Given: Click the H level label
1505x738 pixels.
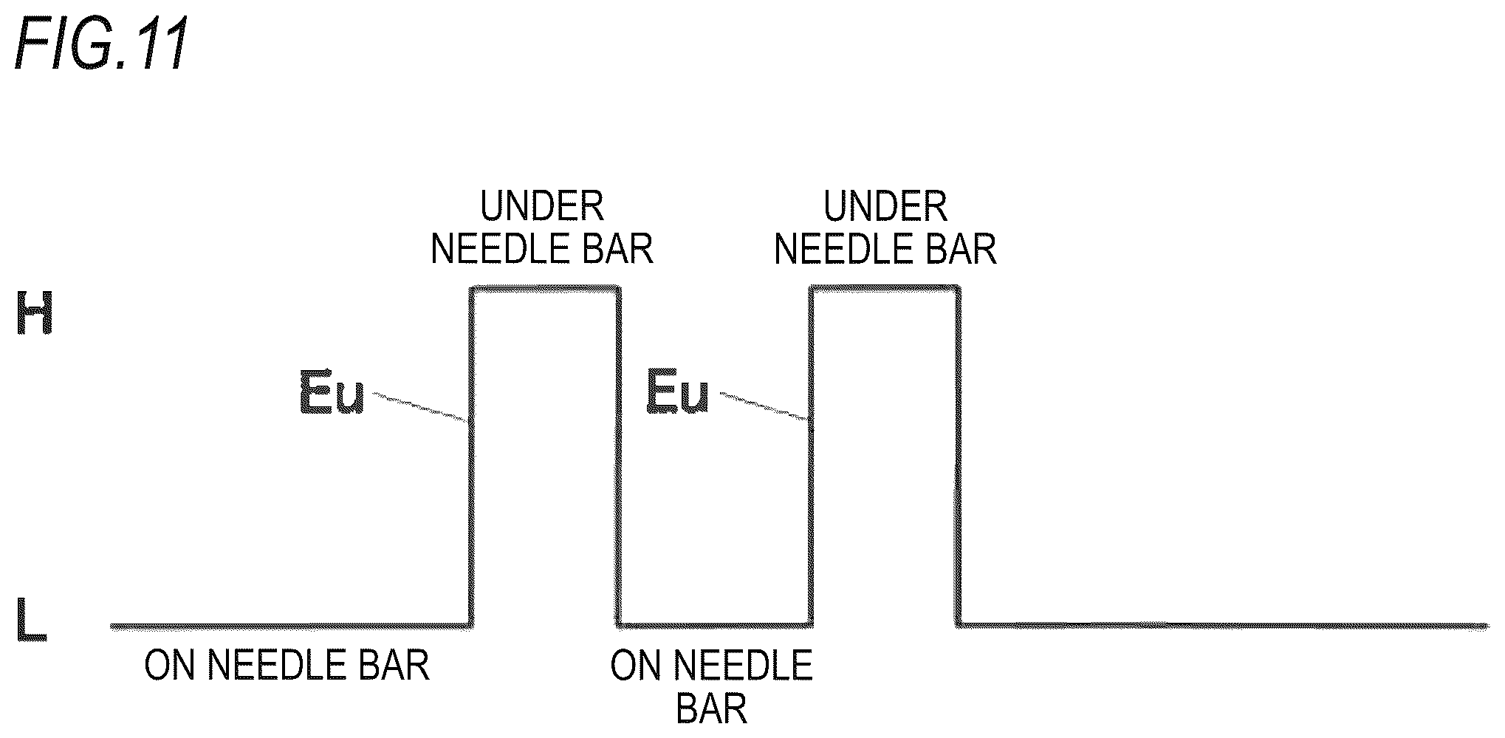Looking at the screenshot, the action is pos(34,312).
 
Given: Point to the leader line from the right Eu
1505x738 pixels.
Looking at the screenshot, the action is pos(764,406).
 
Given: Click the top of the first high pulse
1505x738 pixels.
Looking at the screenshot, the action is pos(545,289).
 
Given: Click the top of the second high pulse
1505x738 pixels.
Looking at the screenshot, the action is pos(885,289).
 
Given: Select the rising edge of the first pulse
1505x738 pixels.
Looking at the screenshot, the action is pos(470,457).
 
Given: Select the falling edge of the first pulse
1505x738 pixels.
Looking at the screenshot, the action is pos(618,457).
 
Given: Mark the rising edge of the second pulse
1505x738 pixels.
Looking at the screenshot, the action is pos(811,457).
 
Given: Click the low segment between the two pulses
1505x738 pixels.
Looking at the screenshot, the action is pos(715,625).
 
